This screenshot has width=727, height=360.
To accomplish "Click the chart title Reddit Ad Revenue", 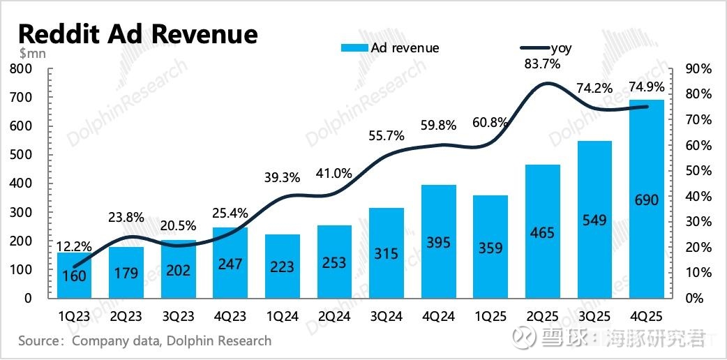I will coord(137,33).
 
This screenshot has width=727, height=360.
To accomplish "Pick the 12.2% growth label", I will coord(73,246).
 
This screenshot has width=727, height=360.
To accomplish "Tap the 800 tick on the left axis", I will coord(20,68).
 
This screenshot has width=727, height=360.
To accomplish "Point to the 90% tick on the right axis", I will coord(697,68).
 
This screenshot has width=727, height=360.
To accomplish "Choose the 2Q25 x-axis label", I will coord(542,317).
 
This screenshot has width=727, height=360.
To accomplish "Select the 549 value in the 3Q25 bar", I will coord(594,220).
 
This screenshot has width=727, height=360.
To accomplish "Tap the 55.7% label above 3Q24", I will coord(387,136).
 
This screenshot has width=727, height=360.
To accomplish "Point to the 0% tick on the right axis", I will coord(693,298).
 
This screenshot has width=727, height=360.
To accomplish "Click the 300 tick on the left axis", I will coord(20,212).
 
